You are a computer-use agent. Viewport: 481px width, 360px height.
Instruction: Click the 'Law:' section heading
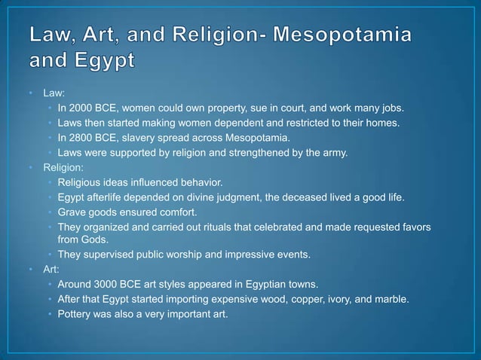53,93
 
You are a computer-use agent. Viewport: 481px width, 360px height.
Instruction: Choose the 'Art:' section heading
51,269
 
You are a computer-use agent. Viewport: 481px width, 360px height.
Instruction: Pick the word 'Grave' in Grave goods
72,212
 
